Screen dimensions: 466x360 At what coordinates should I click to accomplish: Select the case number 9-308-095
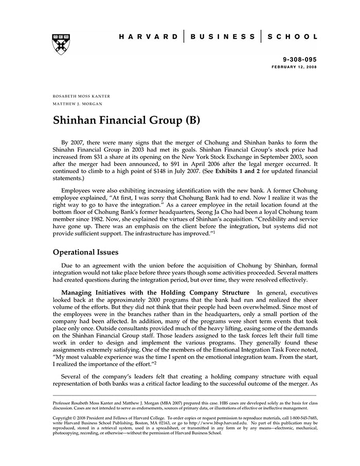[x=300, y=60]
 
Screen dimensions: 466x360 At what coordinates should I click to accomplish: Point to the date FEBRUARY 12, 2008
[x=295, y=67]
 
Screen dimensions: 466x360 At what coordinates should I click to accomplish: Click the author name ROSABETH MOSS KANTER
[x=81, y=96]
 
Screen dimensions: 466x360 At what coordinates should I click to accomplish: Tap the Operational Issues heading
[x=86, y=253]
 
